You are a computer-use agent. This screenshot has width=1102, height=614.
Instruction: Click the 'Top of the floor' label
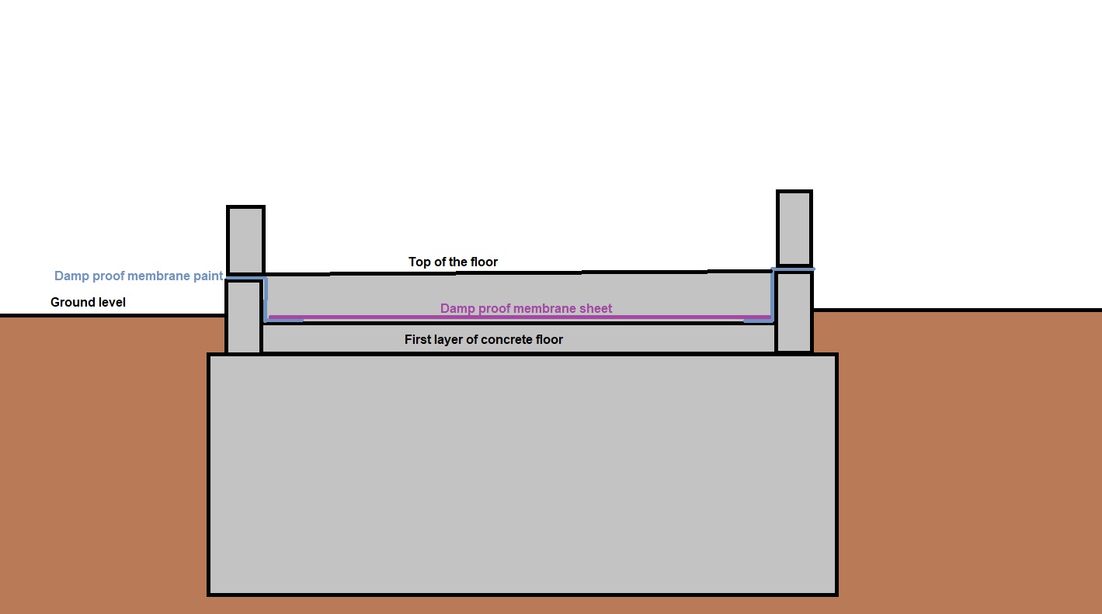[x=453, y=262]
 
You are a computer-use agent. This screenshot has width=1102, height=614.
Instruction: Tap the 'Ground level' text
[x=88, y=302]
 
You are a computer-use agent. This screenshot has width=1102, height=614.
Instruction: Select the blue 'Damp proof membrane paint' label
[x=138, y=276]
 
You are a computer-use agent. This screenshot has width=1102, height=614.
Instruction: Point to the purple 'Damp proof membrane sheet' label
[x=526, y=308]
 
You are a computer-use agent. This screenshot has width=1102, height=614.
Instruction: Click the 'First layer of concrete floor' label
[x=484, y=340]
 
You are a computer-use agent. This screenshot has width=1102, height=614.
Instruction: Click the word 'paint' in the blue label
[x=208, y=276]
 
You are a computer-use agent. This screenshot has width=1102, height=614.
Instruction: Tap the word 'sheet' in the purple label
[x=595, y=308]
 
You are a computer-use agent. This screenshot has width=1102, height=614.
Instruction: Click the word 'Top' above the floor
[x=419, y=262]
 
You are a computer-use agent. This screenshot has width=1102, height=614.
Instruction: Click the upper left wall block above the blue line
[x=245, y=239]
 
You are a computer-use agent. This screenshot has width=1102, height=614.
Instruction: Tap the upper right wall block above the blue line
[x=794, y=228]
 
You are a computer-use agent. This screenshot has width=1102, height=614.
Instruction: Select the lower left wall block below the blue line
[x=243, y=317]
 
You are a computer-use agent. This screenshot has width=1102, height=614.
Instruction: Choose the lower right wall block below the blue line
[x=794, y=312]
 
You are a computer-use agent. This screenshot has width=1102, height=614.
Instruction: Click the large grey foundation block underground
[x=523, y=474]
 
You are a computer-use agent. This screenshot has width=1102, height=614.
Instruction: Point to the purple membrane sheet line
[x=520, y=317]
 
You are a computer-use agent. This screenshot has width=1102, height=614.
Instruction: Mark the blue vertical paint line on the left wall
[x=266, y=300]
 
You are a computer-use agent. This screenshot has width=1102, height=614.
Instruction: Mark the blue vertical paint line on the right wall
[x=773, y=295]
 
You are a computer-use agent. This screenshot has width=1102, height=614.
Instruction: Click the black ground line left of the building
[x=113, y=315]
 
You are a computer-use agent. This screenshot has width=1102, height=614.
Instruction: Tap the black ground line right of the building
[x=958, y=310]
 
